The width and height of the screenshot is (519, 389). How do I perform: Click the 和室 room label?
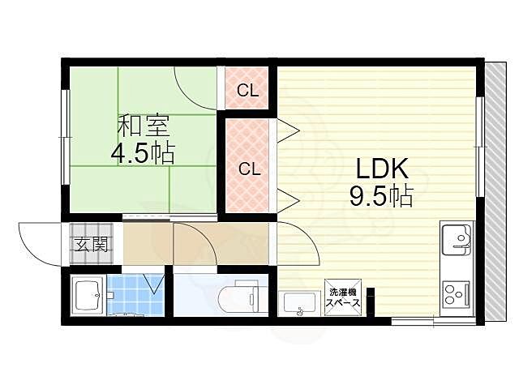click(x=144, y=126)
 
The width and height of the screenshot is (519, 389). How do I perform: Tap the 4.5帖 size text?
click(x=143, y=153)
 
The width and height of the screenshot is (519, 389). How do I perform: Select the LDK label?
click(x=381, y=169)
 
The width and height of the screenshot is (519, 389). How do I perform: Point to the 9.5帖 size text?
click(x=381, y=196)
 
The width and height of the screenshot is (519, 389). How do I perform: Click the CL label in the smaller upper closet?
click(x=247, y=90)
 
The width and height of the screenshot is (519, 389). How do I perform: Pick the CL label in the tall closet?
click(x=250, y=169)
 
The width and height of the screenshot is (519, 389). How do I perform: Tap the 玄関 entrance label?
click(x=92, y=245)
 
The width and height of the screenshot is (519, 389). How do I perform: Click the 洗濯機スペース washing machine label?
click(x=343, y=297)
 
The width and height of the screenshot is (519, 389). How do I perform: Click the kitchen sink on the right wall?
click(x=457, y=239)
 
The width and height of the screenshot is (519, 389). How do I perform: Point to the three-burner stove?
click(x=457, y=293)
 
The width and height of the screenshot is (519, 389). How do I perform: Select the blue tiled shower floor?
click(x=135, y=293)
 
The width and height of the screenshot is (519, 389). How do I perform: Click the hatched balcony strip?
click(x=495, y=191)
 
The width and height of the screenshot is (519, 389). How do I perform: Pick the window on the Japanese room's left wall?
click(x=66, y=137)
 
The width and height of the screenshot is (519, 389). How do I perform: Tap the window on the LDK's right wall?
click(x=480, y=147)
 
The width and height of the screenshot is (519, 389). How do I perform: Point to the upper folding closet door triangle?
click(x=288, y=131)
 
